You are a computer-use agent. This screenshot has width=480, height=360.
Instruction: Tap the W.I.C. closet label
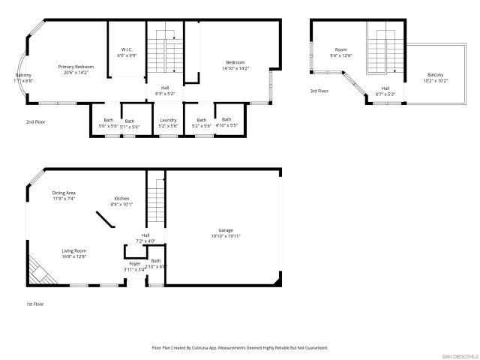pos(127,52)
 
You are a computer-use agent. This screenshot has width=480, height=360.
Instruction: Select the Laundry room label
pos(168,122)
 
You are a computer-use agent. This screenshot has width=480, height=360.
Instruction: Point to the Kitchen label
pos(122,201)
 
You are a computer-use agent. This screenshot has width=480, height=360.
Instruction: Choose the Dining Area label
pos(64,196)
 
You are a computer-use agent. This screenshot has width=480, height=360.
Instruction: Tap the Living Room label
pos(74,253)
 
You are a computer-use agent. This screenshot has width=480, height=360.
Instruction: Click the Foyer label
pos(135,266)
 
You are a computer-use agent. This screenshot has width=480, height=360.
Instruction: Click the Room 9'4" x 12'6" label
pos(341,52)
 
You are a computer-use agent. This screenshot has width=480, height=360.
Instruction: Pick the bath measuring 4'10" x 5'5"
pos(226,121)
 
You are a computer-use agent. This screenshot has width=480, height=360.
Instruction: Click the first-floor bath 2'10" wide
pos(156,263)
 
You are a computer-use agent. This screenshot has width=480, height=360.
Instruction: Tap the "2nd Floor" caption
pos(35,121)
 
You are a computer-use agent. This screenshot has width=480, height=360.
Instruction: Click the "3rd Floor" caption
pos(319,91)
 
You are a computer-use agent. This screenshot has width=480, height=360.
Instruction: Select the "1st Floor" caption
pos(35,304)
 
